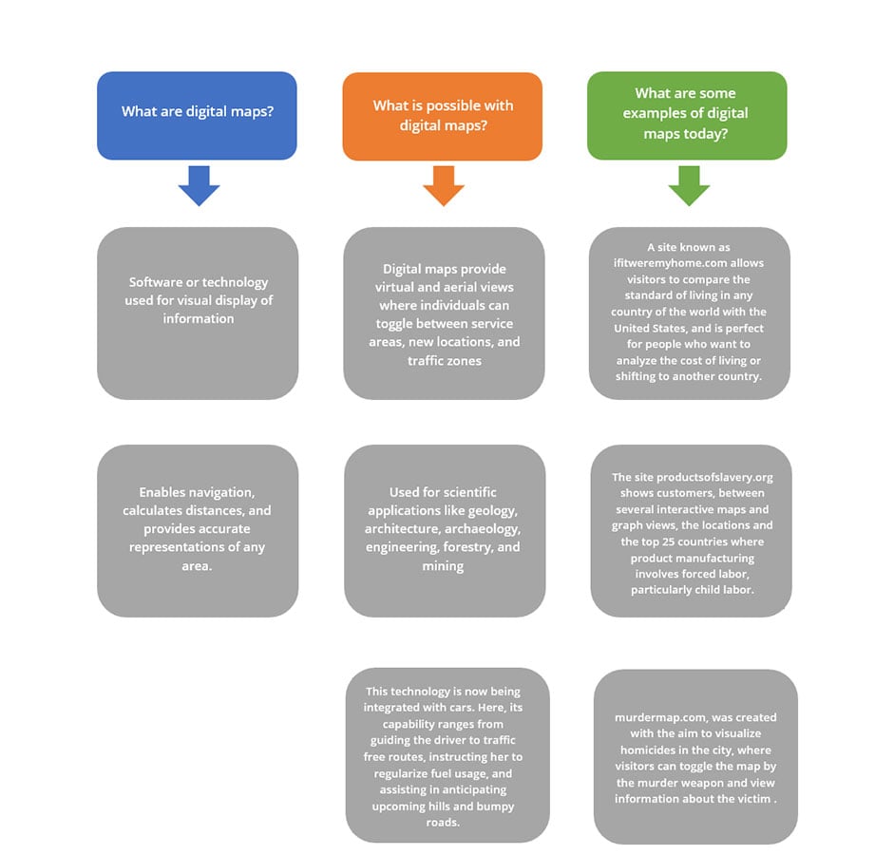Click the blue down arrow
pyautogui.click(x=199, y=186)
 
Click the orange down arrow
pyautogui.click(x=444, y=186)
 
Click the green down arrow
pyautogui.click(x=689, y=186)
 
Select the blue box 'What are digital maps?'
pyautogui.click(x=197, y=116)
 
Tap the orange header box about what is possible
pyautogui.click(x=443, y=116)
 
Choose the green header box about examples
pyautogui.click(x=687, y=116)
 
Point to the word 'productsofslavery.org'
pyautogui.click(x=714, y=477)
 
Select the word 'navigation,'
pyautogui.click(x=224, y=493)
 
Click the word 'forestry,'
pyautogui.click(x=467, y=547)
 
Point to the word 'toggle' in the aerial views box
pyautogui.click(x=395, y=324)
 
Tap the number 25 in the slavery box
pyautogui.click(x=669, y=541)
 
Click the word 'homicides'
pyautogui.click(x=648, y=750)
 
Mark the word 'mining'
pyautogui.click(x=443, y=566)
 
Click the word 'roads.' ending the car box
pyautogui.click(x=443, y=823)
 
